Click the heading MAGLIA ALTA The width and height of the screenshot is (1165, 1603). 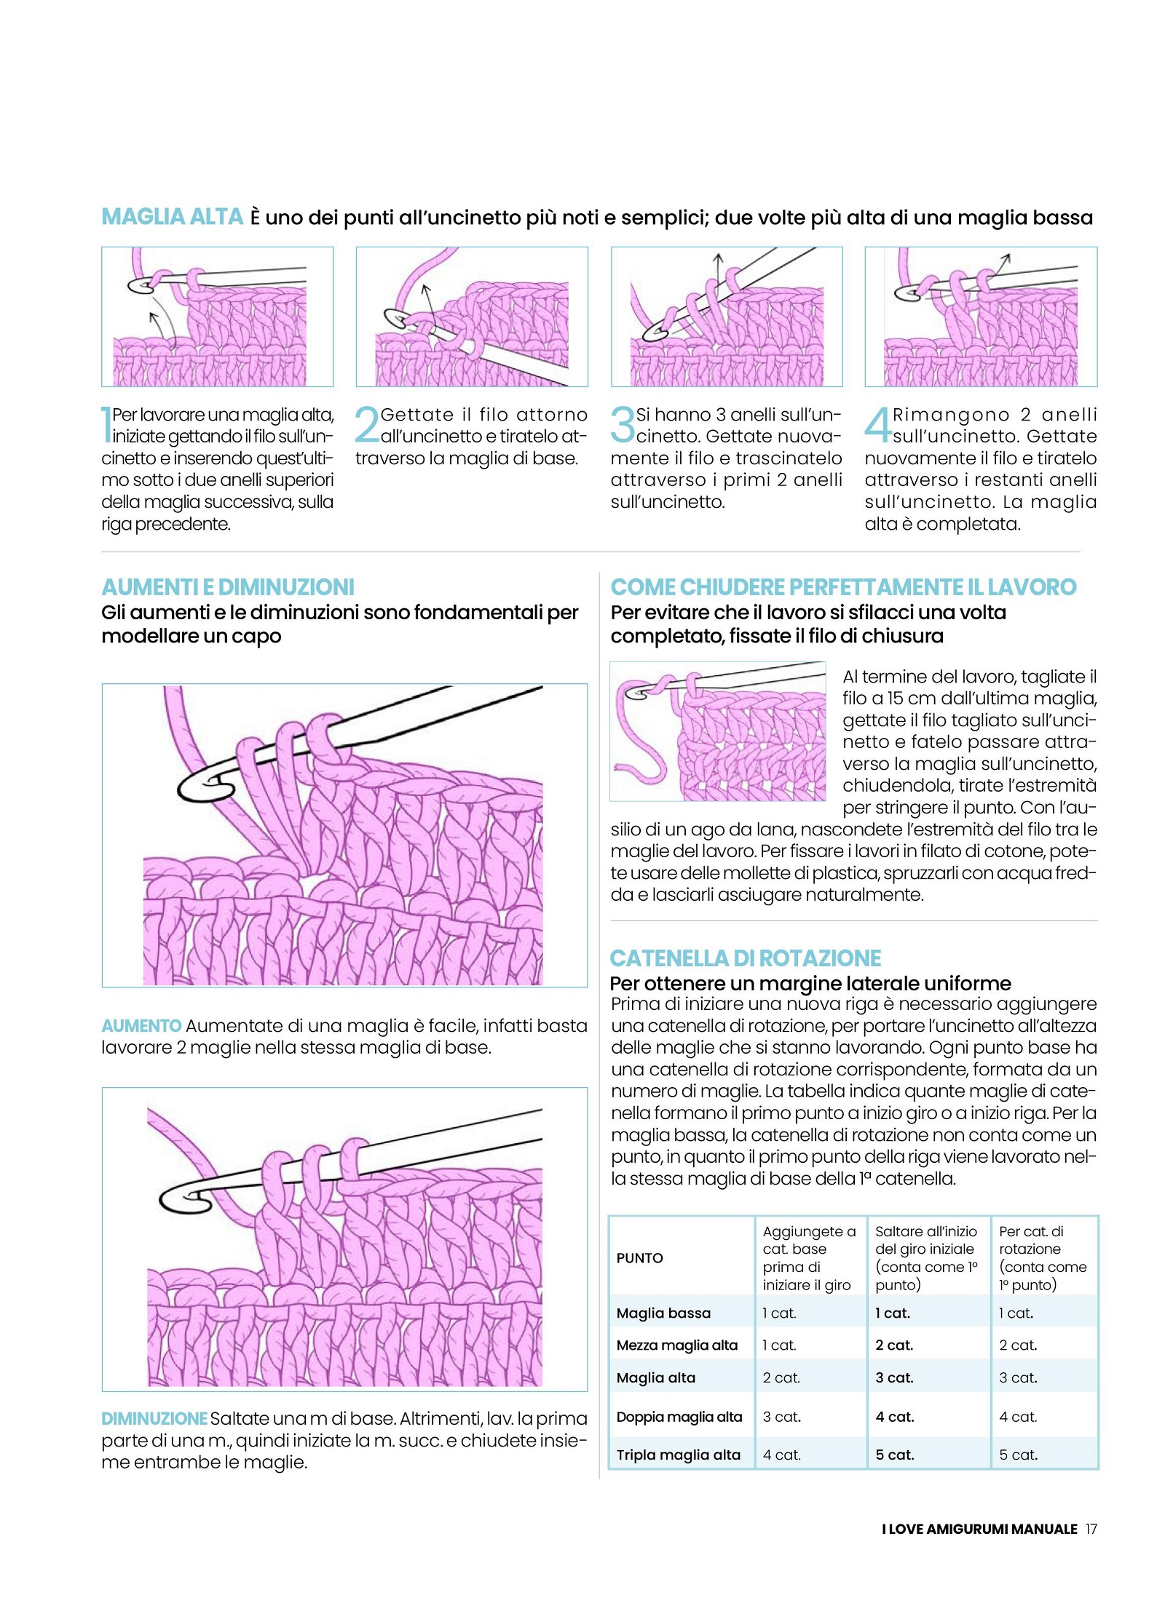click(172, 217)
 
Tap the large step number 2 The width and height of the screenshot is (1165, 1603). click(367, 424)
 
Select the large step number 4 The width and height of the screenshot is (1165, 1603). click(877, 424)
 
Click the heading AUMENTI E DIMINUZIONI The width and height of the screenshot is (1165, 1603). click(228, 587)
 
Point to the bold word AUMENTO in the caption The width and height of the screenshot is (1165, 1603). click(141, 1026)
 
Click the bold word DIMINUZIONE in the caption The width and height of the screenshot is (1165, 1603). click(154, 1419)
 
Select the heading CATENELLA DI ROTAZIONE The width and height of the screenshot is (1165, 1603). click(745, 958)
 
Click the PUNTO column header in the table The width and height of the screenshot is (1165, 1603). click(639, 1258)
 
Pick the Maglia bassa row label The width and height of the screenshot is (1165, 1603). click(663, 1313)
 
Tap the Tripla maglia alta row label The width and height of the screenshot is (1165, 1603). click(678, 1455)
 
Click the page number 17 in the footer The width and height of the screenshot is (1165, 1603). click(1091, 1529)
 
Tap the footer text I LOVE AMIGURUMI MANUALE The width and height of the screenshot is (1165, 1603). click(979, 1529)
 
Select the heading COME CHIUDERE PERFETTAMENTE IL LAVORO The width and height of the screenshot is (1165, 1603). click(843, 587)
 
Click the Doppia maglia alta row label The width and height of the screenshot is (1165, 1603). click(679, 1417)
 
